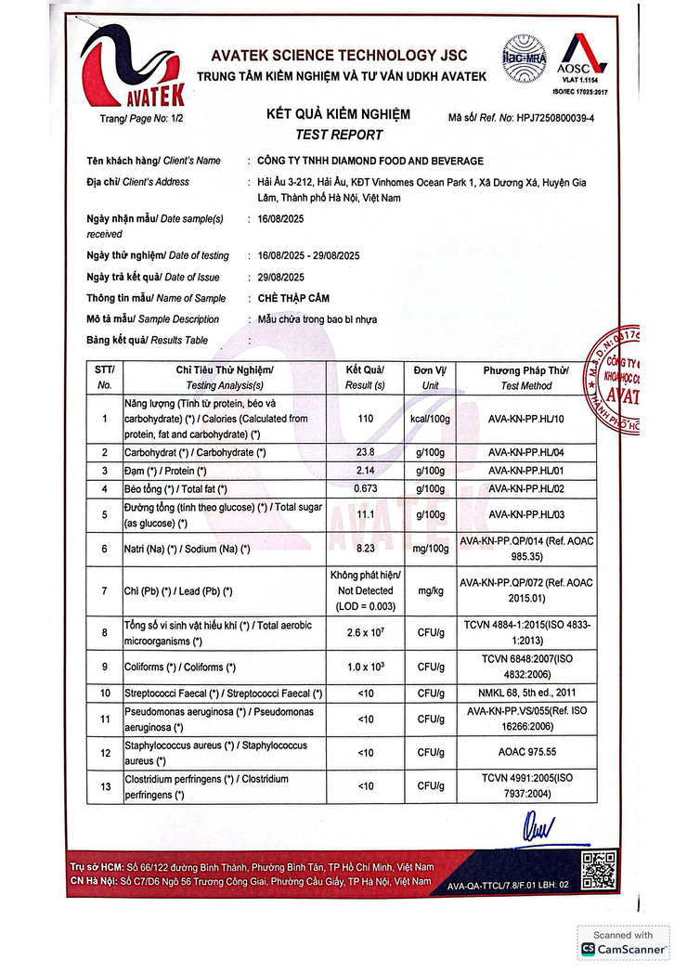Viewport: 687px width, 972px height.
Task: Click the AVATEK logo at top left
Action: [132, 66]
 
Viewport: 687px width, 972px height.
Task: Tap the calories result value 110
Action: [365, 419]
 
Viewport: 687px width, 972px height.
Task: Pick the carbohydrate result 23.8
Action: [365, 452]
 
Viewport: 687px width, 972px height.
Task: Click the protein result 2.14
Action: [365, 471]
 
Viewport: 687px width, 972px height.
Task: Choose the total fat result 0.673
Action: [365, 488]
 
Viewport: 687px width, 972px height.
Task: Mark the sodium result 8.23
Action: [365, 550]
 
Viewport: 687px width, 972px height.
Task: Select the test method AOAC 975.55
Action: [527, 752]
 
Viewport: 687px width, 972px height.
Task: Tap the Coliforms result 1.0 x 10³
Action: [365, 667]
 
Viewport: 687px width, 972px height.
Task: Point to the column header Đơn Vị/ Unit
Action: [430, 377]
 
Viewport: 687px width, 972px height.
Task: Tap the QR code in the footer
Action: [599, 871]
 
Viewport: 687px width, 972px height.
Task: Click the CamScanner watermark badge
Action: [623, 943]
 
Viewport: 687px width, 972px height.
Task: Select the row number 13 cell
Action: [104, 786]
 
